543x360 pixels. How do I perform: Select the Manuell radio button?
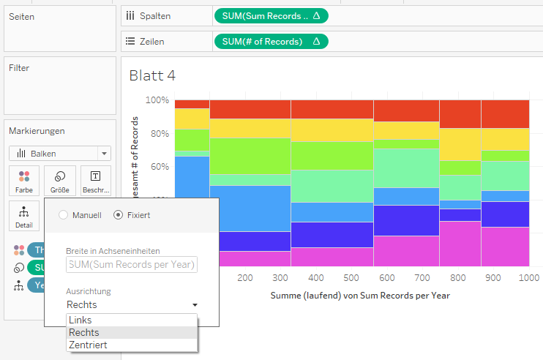pyautogui.click(x=63, y=215)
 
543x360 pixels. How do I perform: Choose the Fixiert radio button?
pyautogui.click(x=119, y=215)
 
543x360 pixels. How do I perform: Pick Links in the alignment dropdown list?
pyautogui.click(x=80, y=320)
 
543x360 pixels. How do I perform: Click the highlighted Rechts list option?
pyautogui.click(x=83, y=332)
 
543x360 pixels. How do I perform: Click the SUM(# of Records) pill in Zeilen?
pyautogui.click(x=271, y=42)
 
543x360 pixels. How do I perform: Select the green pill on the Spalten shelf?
pyautogui.click(x=271, y=15)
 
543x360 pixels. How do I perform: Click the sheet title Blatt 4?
pyautogui.click(x=152, y=75)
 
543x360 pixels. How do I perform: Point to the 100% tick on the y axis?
pyautogui.click(x=157, y=100)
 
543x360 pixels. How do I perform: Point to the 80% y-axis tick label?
pyautogui.click(x=159, y=133)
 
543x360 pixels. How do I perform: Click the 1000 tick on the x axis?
pyautogui.click(x=528, y=278)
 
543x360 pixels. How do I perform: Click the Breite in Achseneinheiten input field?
pyautogui.click(x=132, y=264)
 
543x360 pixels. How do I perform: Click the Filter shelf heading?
pyautogui.click(x=19, y=68)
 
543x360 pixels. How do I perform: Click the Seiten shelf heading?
pyautogui.click(x=21, y=16)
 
